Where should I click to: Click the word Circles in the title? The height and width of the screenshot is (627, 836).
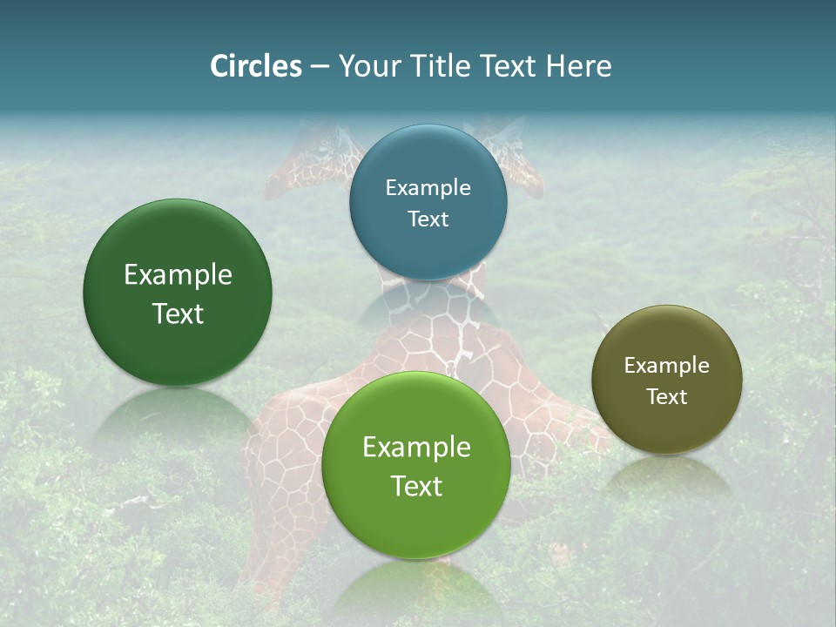pos(255,66)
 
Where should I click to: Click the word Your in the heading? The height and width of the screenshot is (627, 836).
pos(369,66)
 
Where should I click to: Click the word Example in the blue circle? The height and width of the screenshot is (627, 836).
pos(428,188)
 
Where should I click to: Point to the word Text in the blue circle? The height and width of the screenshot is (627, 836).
pos(428,219)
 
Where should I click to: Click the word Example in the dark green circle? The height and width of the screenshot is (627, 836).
pos(178,275)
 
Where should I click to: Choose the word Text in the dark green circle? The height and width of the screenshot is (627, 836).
pos(178,313)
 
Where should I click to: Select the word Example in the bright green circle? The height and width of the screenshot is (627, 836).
pos(416,448)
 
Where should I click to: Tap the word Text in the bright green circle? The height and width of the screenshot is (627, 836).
pos(416,486)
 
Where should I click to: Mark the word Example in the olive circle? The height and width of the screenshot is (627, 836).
pos(667,366)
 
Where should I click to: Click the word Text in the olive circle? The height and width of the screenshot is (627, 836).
pos(667,396)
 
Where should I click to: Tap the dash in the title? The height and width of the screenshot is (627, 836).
pos(320,66)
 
